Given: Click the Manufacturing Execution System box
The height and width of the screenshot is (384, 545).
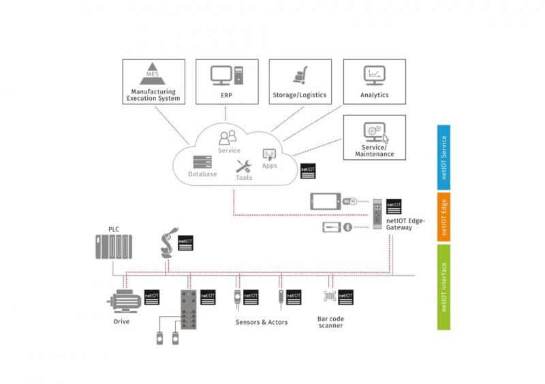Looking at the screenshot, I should [153, 81].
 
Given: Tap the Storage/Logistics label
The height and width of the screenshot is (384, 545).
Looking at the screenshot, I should [300, 95].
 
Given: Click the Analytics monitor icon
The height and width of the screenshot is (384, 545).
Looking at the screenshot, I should [374, 74].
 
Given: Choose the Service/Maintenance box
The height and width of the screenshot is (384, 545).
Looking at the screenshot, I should [374, 137].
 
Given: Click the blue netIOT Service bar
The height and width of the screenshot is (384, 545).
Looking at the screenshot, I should [443, 156].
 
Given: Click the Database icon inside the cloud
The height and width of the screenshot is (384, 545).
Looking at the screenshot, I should [202, 162].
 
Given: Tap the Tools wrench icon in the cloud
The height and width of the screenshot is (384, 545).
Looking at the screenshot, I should [243, 166].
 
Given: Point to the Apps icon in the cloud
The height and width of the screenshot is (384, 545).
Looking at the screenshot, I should [269, 155].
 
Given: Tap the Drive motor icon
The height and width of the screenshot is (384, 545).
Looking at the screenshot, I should [122, 300].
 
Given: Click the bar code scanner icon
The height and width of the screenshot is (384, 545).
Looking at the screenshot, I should [330, 298].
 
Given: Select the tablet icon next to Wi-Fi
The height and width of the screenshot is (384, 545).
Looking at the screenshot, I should [325, 202].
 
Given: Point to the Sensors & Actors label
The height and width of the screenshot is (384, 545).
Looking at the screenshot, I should [262, 322].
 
